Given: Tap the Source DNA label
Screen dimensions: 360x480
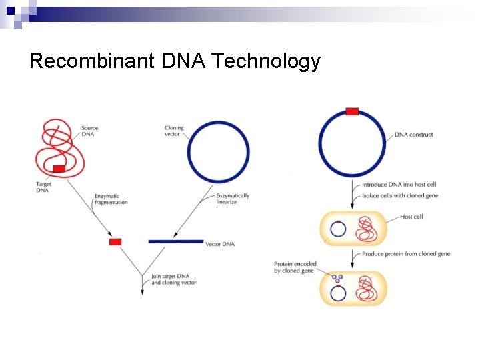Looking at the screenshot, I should click(89, 131).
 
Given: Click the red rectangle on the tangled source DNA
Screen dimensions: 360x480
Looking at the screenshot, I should click(59, 169).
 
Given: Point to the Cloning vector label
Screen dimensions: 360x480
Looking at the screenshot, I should click(175, 131).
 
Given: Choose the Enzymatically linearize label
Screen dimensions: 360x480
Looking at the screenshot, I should click(233, 199).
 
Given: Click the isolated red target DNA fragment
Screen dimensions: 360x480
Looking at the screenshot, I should click(115, 241).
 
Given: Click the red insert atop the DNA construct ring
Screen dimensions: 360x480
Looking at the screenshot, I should click(352, 111).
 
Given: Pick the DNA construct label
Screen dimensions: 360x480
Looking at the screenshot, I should click(413, 135).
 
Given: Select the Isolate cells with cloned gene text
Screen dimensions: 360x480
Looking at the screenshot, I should click(401, 196).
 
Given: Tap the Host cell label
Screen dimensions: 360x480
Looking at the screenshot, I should click(411, 217).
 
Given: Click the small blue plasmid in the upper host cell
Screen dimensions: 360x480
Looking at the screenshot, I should click(338, 229).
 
